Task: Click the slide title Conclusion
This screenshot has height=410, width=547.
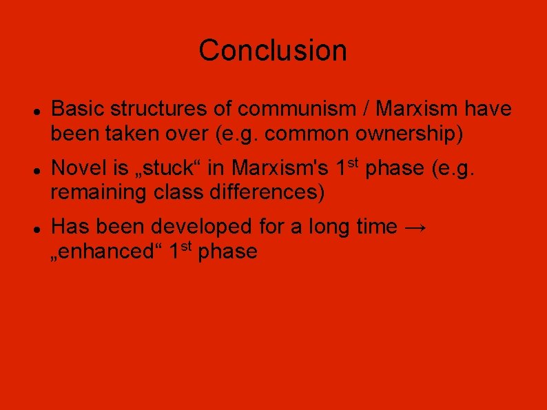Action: (x=273, y=50)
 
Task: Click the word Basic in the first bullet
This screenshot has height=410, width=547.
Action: (x=78, y=109)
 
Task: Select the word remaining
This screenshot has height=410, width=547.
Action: (x=99, y=192)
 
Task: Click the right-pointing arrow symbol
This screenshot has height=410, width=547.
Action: (x=415, y=227)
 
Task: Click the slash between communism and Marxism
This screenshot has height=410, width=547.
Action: (x=367, y=109)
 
